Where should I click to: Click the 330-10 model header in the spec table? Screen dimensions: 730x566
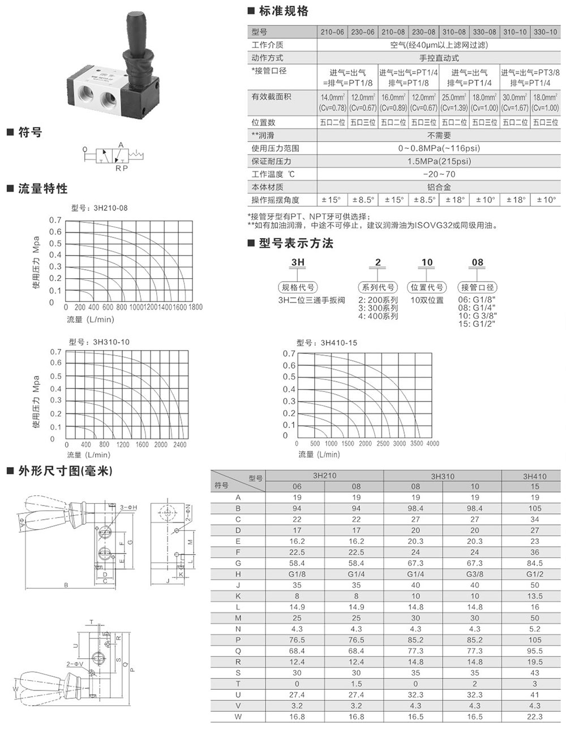pos(545,32)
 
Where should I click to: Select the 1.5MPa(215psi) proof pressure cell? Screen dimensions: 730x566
pos(439,161)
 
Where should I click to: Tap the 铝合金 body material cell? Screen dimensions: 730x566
pos(439,187)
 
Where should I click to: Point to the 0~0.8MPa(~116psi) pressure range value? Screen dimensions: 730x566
pos(439,148)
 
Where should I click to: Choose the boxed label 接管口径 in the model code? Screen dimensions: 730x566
pos(478,287)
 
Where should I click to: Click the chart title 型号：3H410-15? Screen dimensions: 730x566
pos(327,343)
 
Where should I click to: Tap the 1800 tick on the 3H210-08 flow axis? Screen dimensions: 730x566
pos(195,307)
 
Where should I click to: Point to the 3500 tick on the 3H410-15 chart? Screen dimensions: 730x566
pos(416,443)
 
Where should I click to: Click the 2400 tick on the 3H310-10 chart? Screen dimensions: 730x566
pos(179,444)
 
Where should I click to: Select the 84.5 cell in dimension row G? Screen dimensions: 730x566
pos(534,563)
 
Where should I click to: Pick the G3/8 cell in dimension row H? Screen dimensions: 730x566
pos(474,574)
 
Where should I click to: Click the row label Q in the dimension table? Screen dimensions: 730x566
pos(238,651)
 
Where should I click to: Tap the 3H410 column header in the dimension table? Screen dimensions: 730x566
pos(534,476)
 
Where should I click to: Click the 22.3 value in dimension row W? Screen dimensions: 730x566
pos(534,716)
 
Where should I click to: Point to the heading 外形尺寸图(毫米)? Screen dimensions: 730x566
pos(65,470)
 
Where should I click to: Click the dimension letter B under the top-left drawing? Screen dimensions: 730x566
pos(66,585)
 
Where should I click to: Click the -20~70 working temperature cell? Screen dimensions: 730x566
pos(439,174)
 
